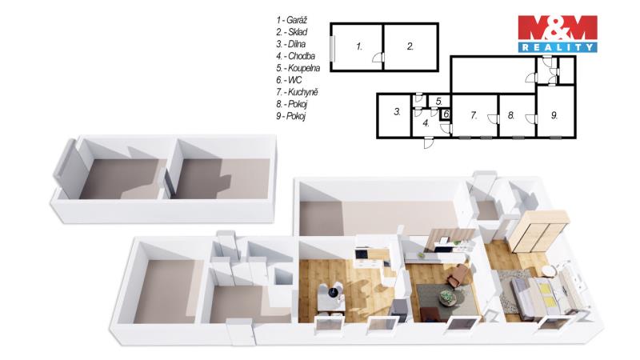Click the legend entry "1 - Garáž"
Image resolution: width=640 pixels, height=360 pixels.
tap(291, 20)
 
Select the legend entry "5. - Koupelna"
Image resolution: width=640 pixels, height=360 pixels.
tap(298, 68)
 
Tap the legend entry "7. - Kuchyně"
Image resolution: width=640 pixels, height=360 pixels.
tap(297, 92)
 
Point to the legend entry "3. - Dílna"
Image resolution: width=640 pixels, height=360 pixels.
tap(290, 44)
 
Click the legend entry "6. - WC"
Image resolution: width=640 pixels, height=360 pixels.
tap(289, 80)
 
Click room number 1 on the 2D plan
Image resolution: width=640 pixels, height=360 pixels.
tap(358, 46)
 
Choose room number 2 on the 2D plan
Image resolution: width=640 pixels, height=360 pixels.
tap(410, 46)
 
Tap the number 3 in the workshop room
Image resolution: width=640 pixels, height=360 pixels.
tap(397, 112)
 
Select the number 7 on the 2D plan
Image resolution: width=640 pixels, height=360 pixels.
tap(474, 115)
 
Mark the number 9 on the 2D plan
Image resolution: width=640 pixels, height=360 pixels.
tap(554, 115)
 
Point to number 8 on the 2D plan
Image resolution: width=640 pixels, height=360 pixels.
tap(511, 115)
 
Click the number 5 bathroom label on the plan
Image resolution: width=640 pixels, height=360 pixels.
tap(438, 102)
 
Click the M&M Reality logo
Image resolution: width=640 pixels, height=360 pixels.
tap(558, 34)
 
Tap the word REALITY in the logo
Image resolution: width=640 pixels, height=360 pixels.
tap(558, 47)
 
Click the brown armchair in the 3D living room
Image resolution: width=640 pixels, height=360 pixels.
tap(458, 274)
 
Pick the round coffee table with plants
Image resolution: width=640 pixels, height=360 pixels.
tap(448, 298)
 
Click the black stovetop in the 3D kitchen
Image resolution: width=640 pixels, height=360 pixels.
tap(362, 254)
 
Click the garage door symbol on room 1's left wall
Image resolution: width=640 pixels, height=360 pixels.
tap(333, 47)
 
